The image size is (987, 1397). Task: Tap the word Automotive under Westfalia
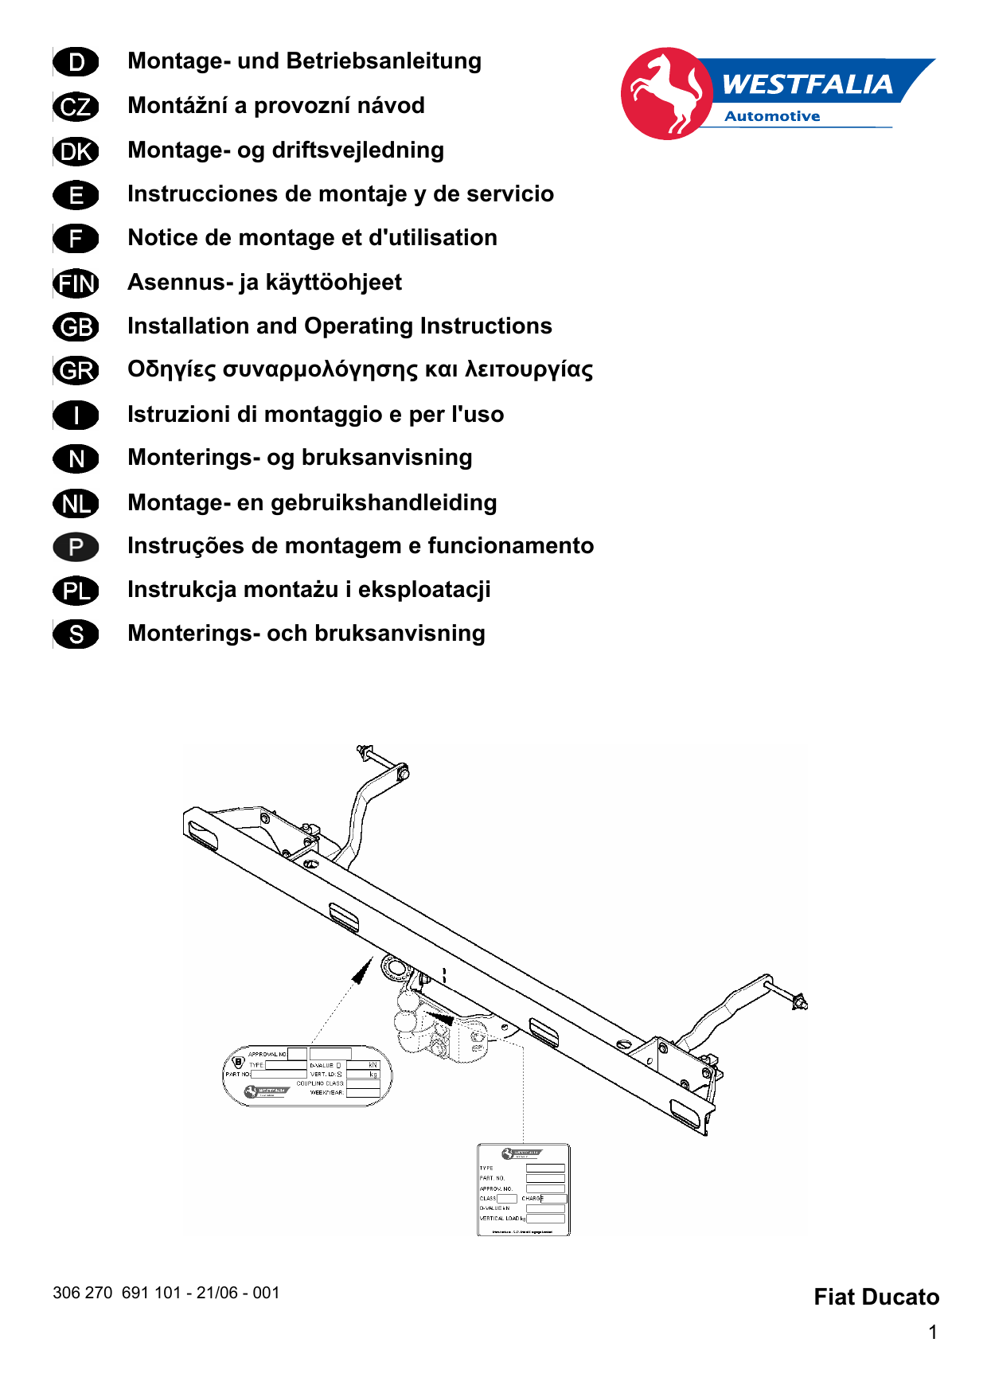coord(771,116)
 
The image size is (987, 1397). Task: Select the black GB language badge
coord(76,327)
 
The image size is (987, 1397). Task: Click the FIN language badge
coord(76,283)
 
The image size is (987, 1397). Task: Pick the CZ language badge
coord(76,107)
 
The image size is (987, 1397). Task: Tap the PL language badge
coord(76,591)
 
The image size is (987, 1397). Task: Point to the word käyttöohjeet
coord(334,283)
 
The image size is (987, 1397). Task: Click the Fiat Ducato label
coord(876,1297)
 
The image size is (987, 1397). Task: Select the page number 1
coord(932,1333)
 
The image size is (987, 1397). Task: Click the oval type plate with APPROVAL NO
coord(307,1075)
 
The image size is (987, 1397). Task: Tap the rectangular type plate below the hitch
coord(523,1189)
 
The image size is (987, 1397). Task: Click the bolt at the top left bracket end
coord(364,751)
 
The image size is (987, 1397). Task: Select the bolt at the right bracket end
coord(798,1001)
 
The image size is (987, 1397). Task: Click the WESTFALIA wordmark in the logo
coord(806,84)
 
